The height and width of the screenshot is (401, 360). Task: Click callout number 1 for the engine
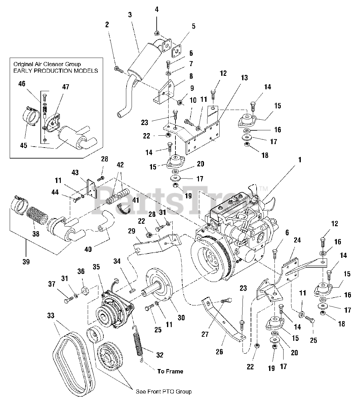[x=300, y=160]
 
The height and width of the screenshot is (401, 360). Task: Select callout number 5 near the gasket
[x=193, y=26]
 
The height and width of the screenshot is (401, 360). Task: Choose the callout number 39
[x=26, y=262]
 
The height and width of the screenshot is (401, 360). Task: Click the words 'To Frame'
[x=170, y=371]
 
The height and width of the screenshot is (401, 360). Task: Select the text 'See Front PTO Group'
[x=164, y=392]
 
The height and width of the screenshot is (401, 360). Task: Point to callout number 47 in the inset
[x=65, y=87]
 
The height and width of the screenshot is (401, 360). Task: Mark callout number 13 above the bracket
[x=244, y=78]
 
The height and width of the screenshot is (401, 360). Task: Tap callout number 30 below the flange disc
[x=181, y=318]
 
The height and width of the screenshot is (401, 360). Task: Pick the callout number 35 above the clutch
[x=96, y=267]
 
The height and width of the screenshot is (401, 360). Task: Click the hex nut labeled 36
[x=85, y=291]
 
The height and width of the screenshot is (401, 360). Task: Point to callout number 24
[x=297, y=240]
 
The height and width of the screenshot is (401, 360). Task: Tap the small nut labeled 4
[x=156, y=33]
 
